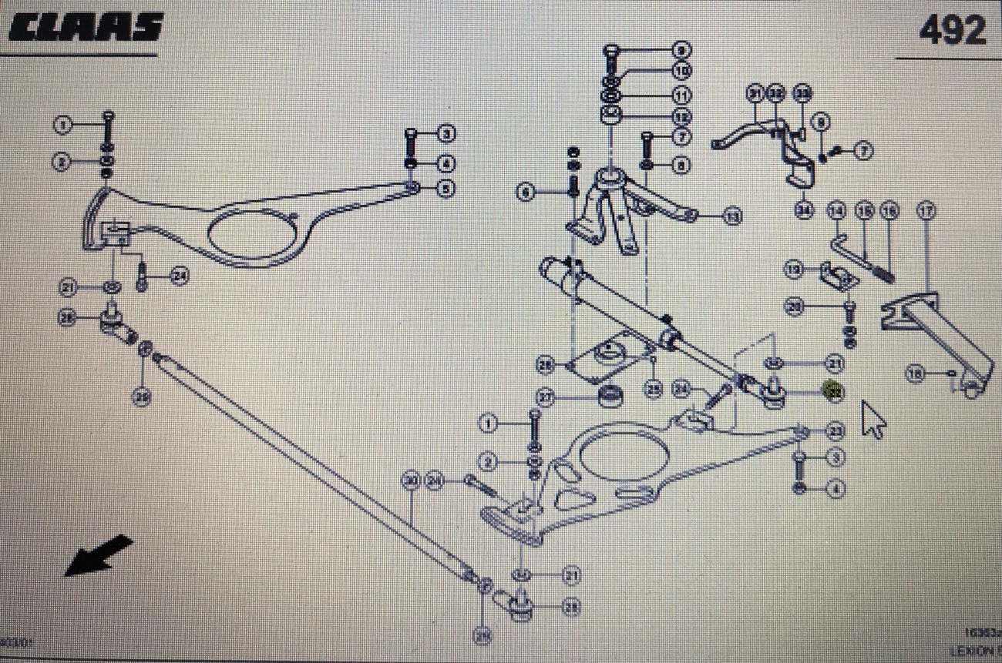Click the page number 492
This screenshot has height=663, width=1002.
point(952,31)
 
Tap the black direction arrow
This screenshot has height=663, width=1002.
point(98,555)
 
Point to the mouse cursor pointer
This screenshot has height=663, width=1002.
point(873,420)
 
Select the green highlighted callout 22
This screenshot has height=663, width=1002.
point(833,391)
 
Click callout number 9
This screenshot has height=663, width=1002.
point(681,51)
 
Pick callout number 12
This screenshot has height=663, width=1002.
point(681,116)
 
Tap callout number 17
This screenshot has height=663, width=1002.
point(926,209)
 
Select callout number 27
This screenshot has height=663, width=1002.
point(546,398)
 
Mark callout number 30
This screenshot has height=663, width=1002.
point(411,481)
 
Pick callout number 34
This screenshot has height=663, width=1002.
point(805,210)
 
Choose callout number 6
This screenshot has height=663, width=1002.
point(526,193)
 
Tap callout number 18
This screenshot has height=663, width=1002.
point(915,374)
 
